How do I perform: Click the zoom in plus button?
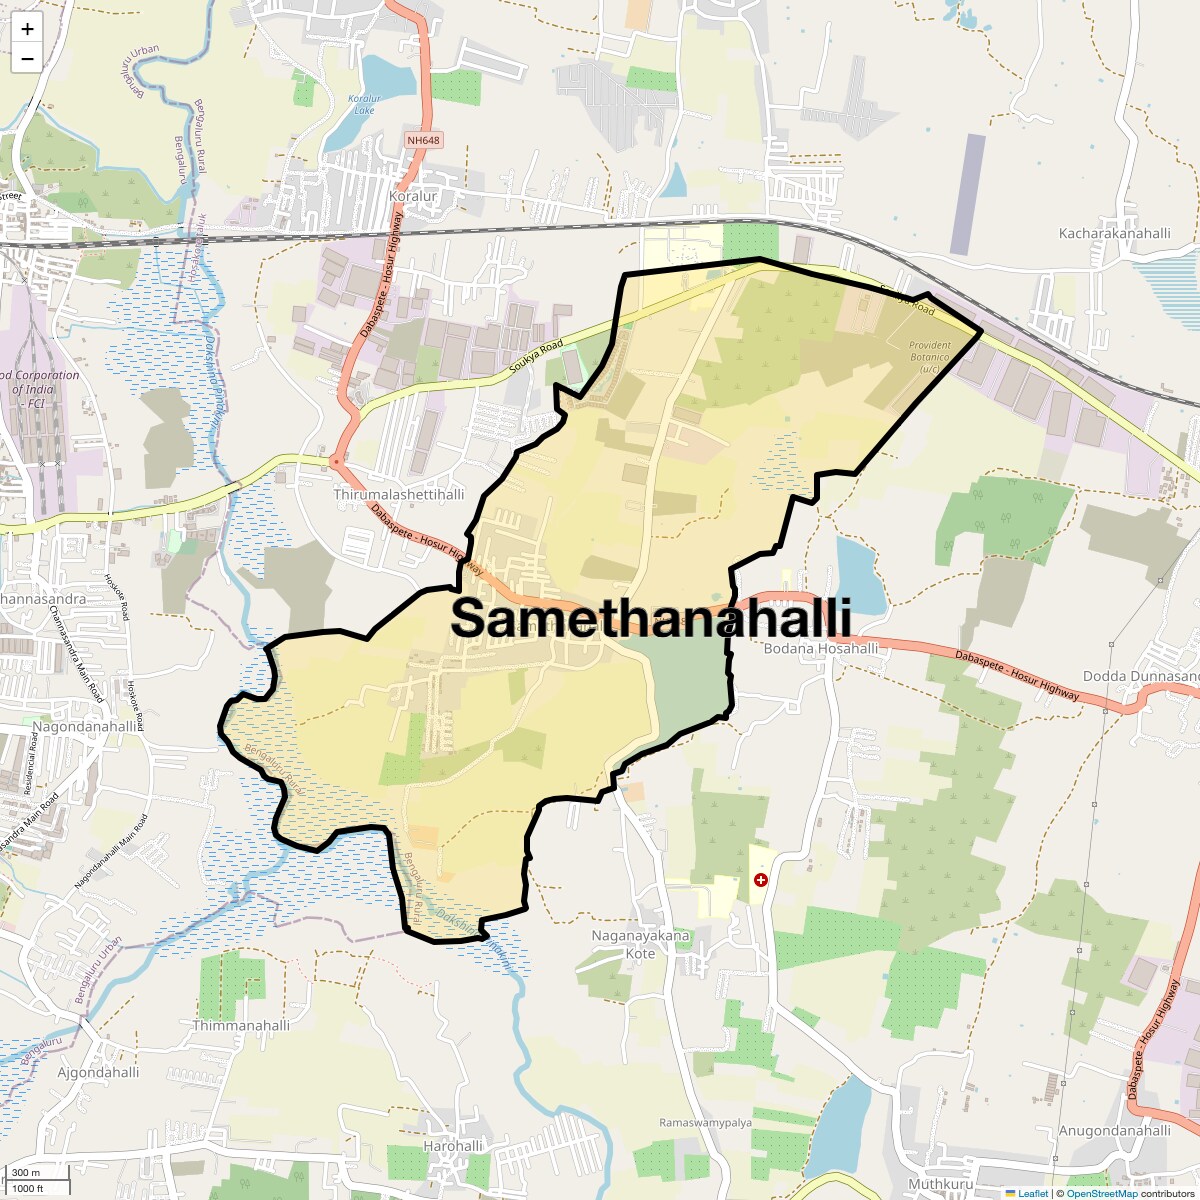[27, 29]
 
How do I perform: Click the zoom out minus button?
[27, 59]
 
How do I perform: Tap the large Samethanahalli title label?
[651, 618]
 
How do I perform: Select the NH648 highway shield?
[423, 140]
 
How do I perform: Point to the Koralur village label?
[413, 197]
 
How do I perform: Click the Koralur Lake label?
[364, 104]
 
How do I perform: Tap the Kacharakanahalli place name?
[1114, 233]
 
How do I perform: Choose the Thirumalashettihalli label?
[398, 494]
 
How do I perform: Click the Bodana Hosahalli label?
[820, 648]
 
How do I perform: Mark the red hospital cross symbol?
[761, 880]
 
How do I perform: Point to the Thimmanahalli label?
[241, 1025]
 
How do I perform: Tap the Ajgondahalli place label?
[98, 1072]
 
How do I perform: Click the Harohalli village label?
[453, 1146]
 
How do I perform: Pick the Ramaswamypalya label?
[705, 1123]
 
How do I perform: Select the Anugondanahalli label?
[1114, 1131]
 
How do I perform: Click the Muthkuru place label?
[940, 1184]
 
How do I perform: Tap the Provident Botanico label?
[930, 357]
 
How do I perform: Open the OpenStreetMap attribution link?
[1101, 1193]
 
